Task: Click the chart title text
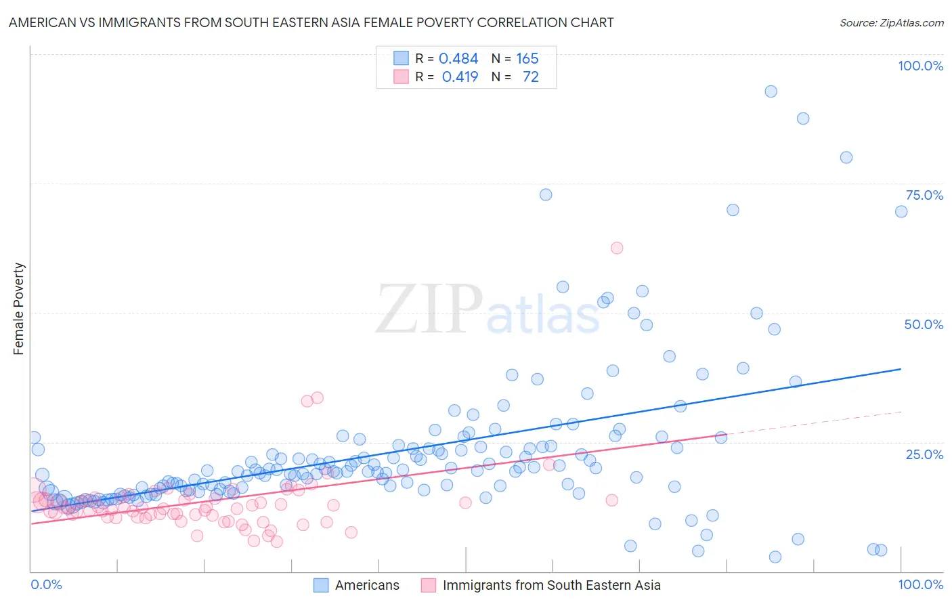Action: click(x=311, y=22)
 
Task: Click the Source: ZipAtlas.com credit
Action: click(x=891, y=22)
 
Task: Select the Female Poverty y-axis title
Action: click(x=18, y=309)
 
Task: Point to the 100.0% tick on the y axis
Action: click(x=920, y=66)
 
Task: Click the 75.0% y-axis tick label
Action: click(x=924, y=195)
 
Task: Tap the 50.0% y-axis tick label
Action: click(x=924, y=324)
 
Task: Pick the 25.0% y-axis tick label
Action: click(x=924, y=454)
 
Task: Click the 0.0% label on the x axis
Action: click(x=46, y=584)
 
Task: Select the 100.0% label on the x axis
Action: click(x=920, y=584)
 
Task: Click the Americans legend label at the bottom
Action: click(x=367, y=585)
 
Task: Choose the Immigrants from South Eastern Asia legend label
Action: click(x=551, y=585)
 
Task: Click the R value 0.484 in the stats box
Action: click(x=458, y=59)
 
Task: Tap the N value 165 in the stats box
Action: click(x=527, y=59)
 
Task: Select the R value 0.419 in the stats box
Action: click(x=460, y=77)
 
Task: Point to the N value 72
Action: click(x=530, y=77)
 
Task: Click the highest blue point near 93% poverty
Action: click(x=771, y=91)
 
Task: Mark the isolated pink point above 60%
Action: click(x=617, y=248)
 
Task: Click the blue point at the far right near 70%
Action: click(x=901, y=211)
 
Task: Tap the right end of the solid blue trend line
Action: click(x=901, y=369)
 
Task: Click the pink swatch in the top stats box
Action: click(x=401, y=77)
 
